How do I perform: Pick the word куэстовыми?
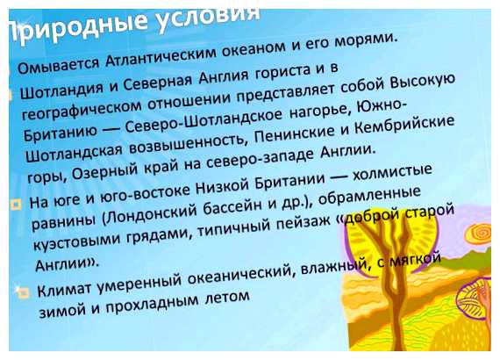pyautogui.click(x=83, y=241)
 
